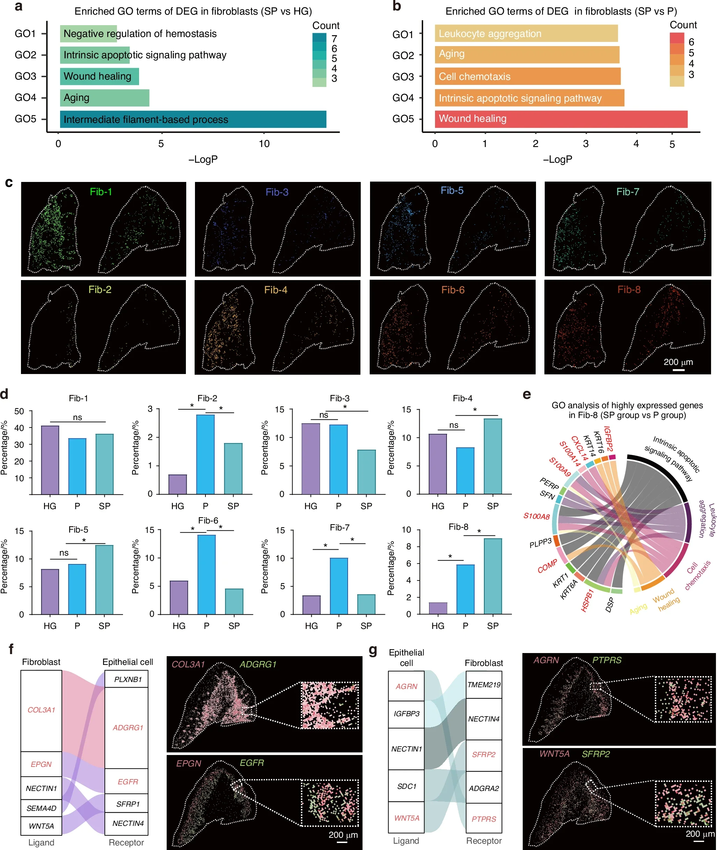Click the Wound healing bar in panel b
561,119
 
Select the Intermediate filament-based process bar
193,119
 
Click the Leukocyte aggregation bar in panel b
526,33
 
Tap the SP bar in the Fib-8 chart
493,576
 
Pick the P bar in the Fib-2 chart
205,454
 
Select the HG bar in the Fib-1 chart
50,460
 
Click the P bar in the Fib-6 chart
207,574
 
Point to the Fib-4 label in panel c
276,290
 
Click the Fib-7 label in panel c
628,192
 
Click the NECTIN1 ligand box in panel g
406,749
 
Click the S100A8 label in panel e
537,516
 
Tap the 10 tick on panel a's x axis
264,144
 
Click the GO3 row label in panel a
26,76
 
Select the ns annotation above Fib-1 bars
77,417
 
